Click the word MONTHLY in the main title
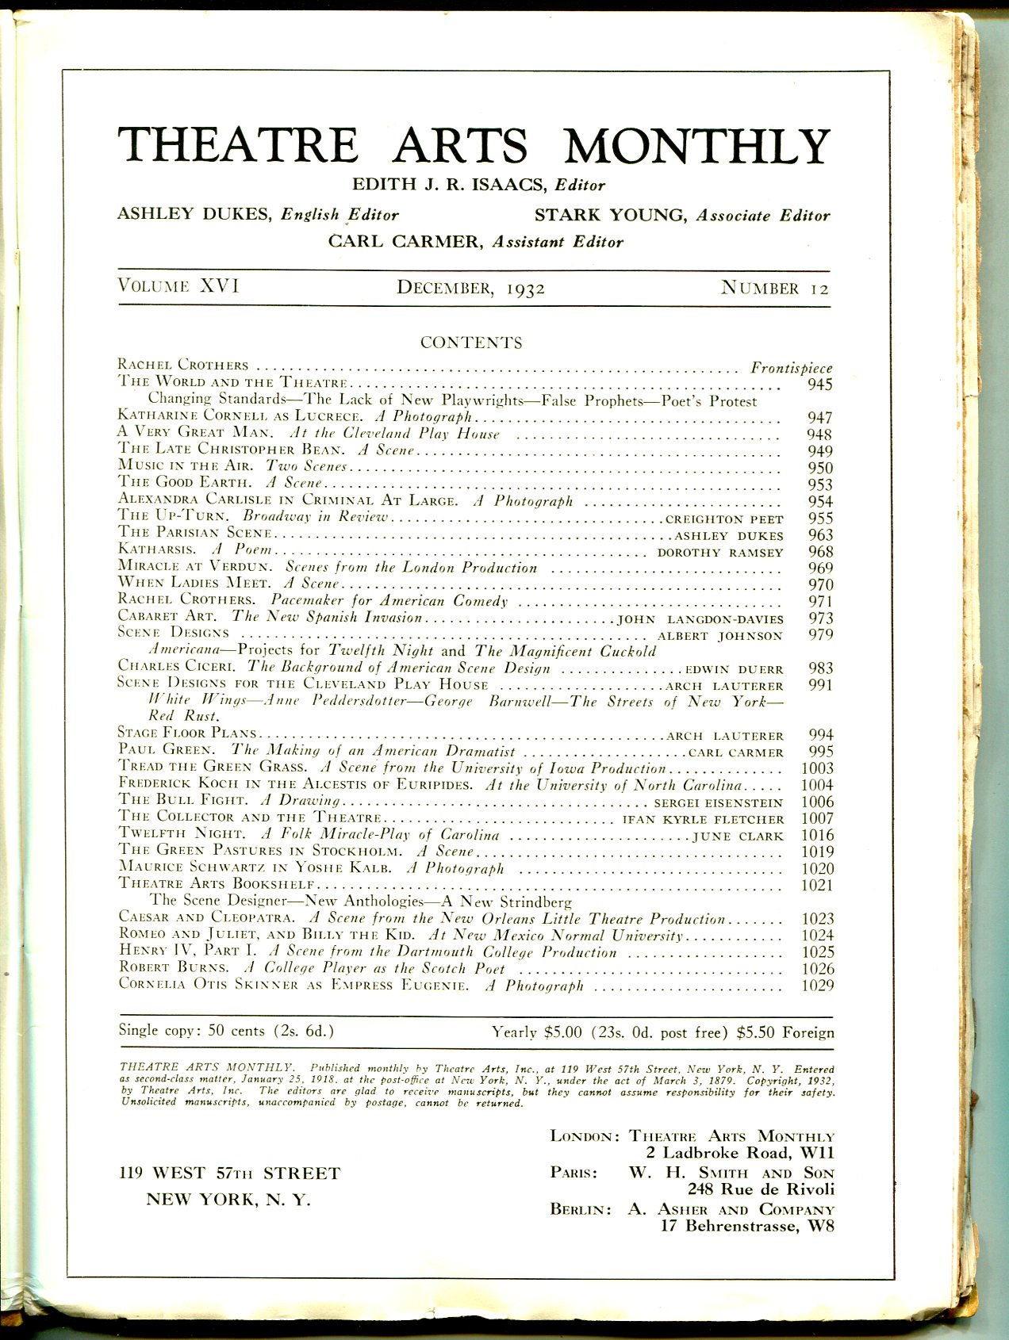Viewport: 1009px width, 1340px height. click(x=696, y=146)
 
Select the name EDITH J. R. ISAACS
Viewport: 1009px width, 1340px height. click(x=450, y=185)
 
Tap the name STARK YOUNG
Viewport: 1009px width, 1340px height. click(x=611, y=215)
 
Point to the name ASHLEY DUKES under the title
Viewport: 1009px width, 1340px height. click(x=195, y=214)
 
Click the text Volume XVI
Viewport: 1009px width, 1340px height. click(x=178, y=286)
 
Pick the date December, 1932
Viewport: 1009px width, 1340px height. click(x=471, y=288)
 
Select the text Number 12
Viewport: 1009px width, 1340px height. click(x=774, y=288)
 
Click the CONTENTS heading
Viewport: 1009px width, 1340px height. click(x=471, y=343)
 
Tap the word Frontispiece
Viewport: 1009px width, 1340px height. click(x=792, y=368)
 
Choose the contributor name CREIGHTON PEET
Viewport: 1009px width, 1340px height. click(x=723, y=519)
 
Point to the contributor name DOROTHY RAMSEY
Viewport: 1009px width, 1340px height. click(x=720, y=553)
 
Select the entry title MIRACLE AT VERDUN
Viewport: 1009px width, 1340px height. click(x=195, y=567)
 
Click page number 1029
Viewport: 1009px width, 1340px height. click(x=817, y=986)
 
